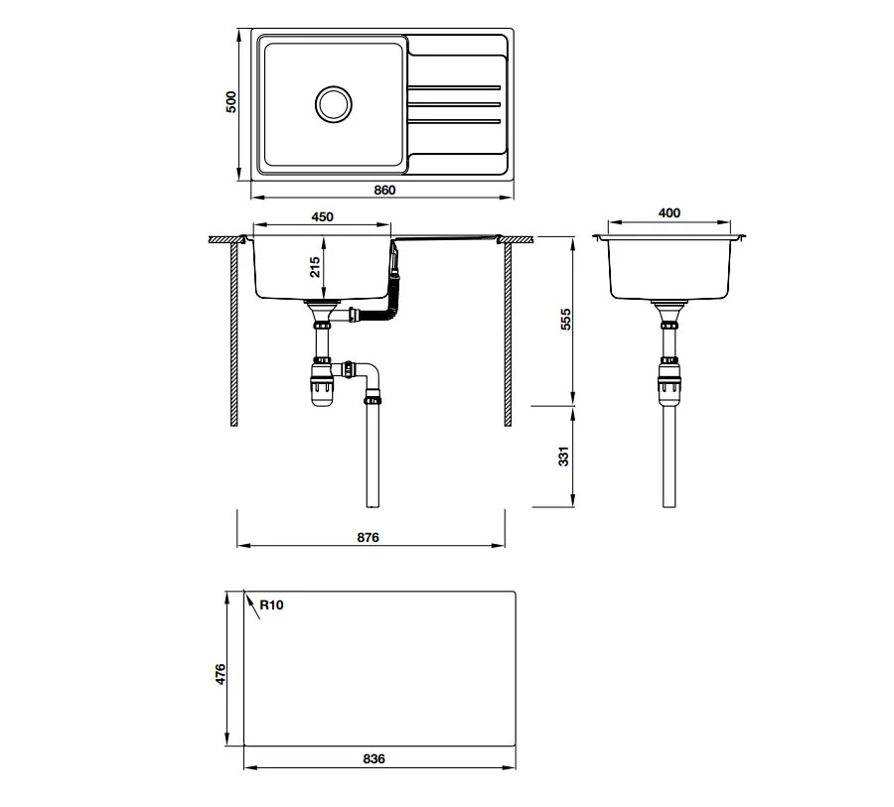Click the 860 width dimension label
[384, 190]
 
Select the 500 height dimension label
[230, 102]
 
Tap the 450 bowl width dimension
[322, 217]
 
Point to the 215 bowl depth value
[315, 267]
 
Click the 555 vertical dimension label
[565, 320]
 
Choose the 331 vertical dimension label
[563, 457]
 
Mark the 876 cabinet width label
[368, 537]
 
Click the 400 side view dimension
[669, 213]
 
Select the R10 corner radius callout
[271, 605]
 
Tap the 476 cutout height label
[221, 674]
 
